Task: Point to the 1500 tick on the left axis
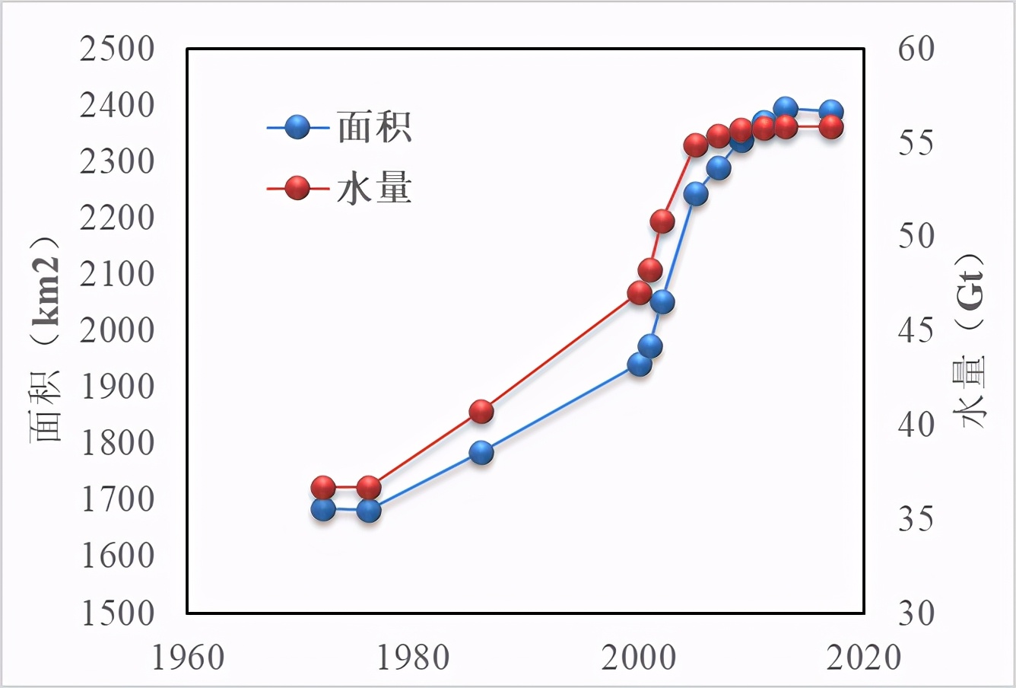pyautogui.click(x=117, y=613)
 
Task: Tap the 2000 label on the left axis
pyautogui.click(x=117, y=331)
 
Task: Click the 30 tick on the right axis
pyautogui.click(x=916, y=613)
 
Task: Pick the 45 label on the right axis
pyautogui.click(x=916, y=331)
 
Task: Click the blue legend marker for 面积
pyautogui.click(x=298, y=127)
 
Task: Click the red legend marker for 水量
pyautogui.click(x=298, y=188)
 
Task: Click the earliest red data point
pyautogui.click(x=323, y=487)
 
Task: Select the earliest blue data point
pyautogui.click(x=323, y=509)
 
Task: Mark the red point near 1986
pyautogui.click(x=481, y=412)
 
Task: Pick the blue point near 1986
pyautogui.click(x=481, y=453)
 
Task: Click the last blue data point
pyautogui.click(x=831, y=111)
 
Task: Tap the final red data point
pyautogui.click(x=831, y=126)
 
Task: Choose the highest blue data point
pyautogui.click(x=786, y=109)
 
